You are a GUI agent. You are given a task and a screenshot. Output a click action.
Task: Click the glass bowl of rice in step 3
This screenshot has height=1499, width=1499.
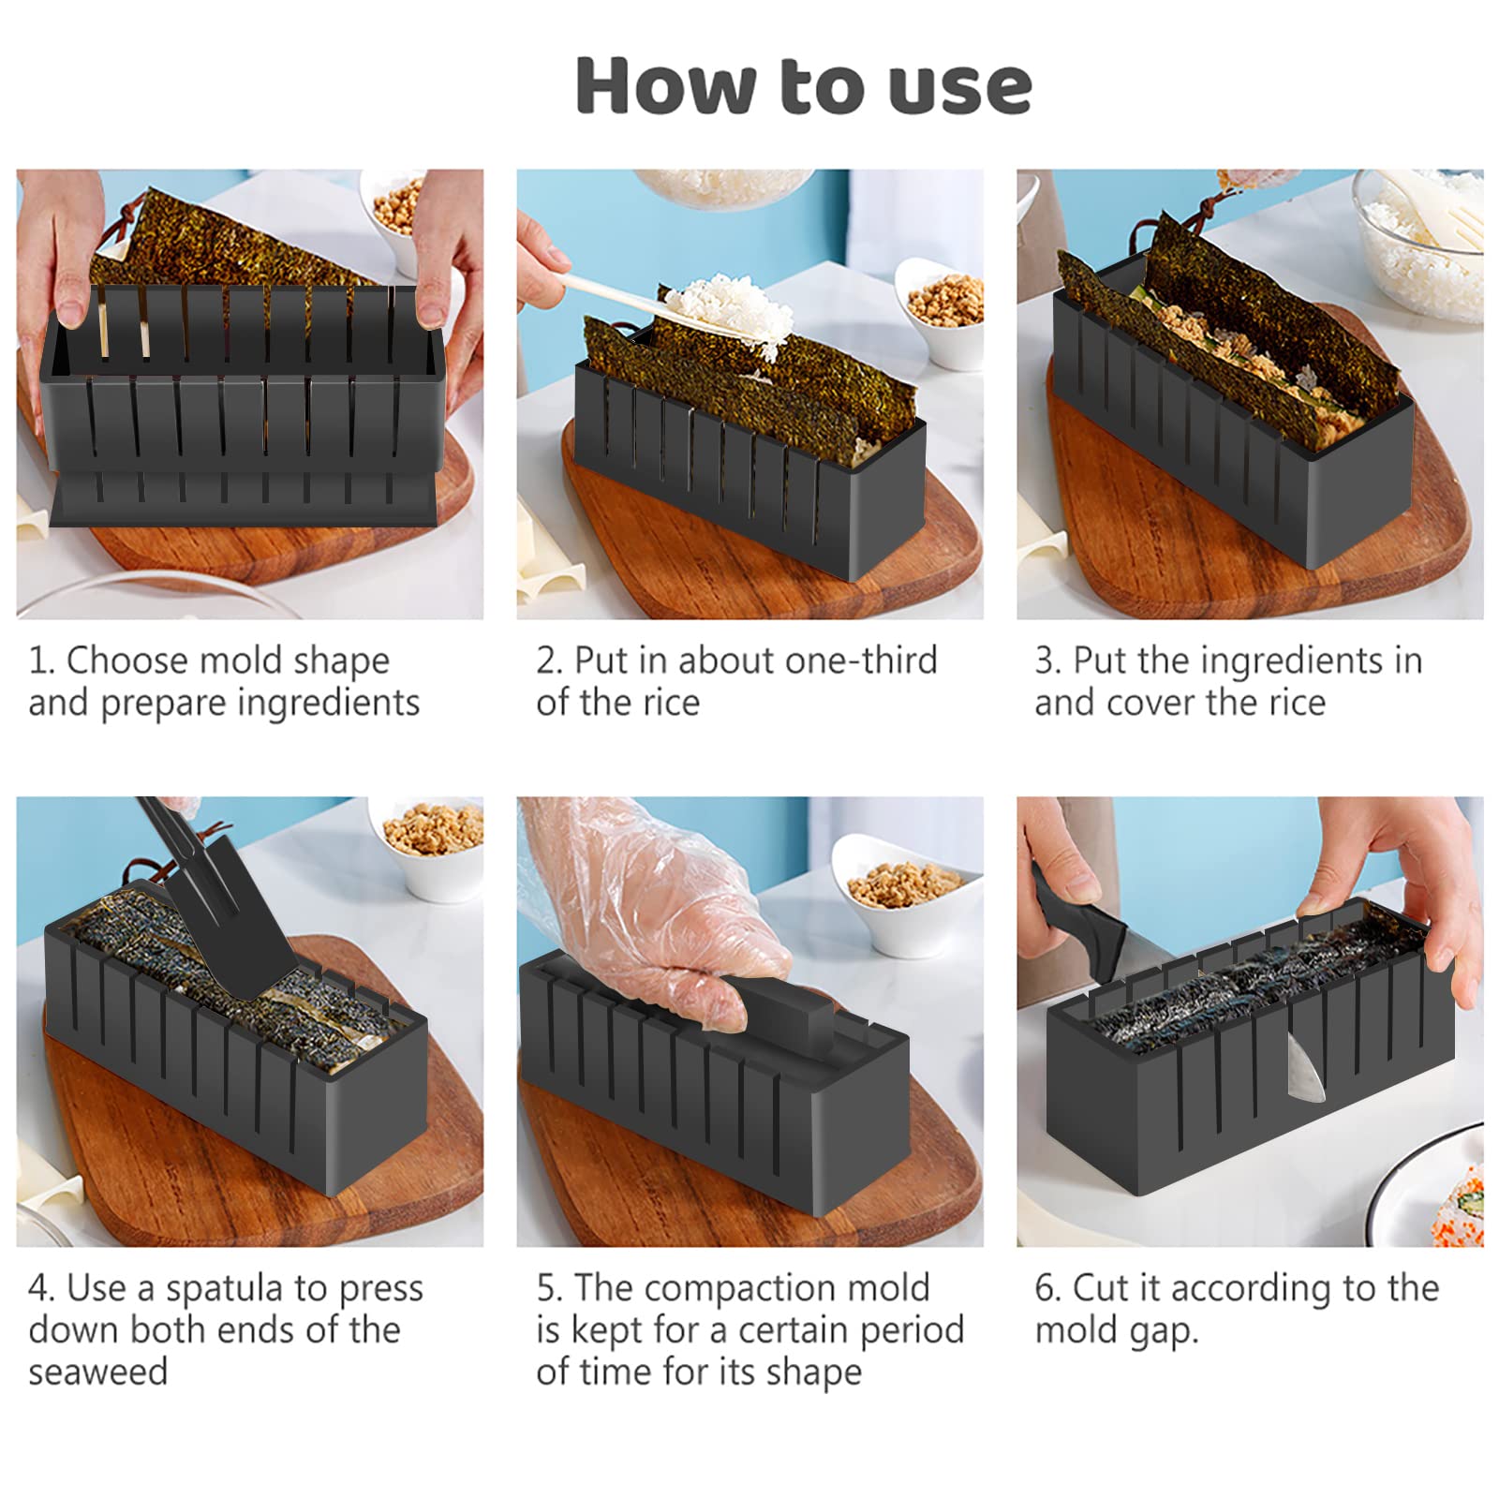pyautogui.click(x=1419, y=234)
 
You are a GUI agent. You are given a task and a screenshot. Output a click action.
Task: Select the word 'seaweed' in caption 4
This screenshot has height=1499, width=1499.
pyautogui.click(x=98, y=1372)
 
